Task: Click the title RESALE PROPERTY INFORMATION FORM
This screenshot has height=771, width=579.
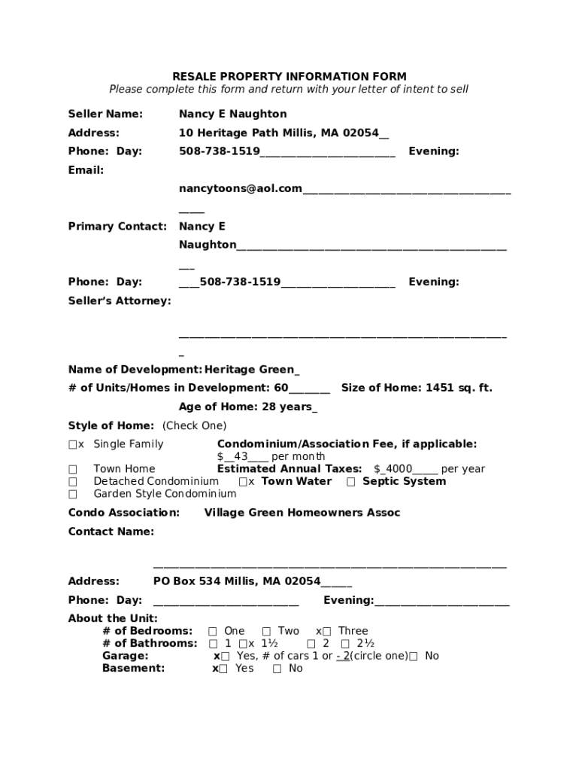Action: tap(289, 76)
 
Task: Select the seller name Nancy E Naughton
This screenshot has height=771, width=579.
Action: tap(232, 114)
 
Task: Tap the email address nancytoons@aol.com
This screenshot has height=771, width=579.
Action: tap(241, 188)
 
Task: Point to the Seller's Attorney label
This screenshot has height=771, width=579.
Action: tap(120, 300)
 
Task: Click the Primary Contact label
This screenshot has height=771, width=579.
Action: tap(117, 226)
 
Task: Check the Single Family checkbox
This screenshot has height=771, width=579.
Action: tap(73, 444)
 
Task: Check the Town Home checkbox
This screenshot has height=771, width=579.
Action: tap(73, 469)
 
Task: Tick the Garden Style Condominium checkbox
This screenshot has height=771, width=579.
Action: tap(73, 495)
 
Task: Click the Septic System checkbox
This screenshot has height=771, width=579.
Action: tap(351, 482)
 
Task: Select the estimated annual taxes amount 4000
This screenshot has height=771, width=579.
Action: tap(399, 469)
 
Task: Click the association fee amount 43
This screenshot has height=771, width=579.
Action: tap(241, 456)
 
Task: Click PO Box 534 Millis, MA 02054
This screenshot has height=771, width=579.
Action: tap(237, 581)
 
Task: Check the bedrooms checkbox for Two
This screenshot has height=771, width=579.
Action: tap(267, 632)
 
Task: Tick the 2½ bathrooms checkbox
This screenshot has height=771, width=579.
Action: tap(345, 644)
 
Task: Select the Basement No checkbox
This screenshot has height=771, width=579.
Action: tap(277, 669)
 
